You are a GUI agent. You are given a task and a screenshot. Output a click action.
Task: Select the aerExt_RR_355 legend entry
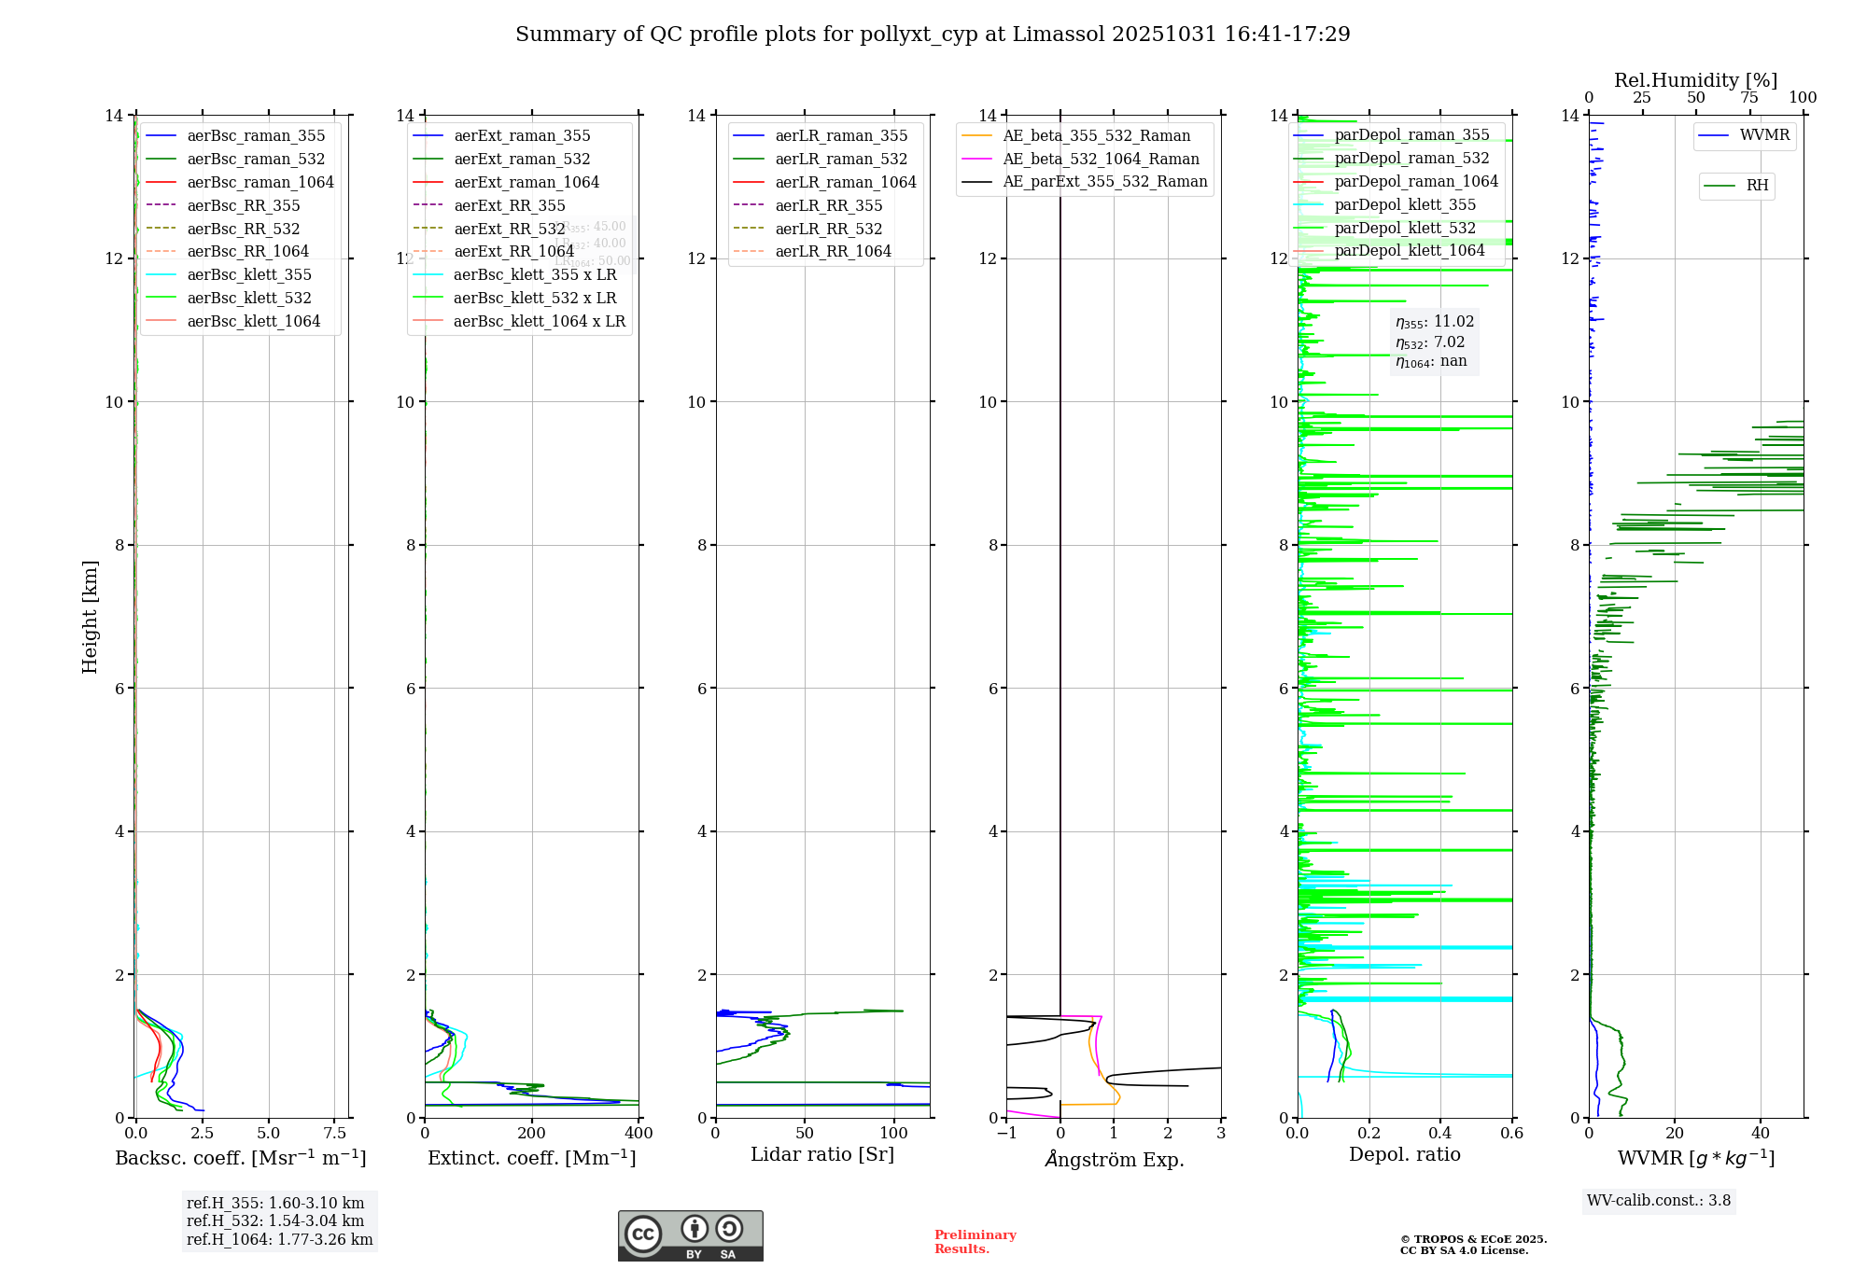[x=509, y=205]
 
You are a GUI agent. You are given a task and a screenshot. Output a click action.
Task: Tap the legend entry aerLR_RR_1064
[x=833, y=251]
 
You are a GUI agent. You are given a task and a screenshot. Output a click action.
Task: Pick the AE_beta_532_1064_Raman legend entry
[x=1101, y=159]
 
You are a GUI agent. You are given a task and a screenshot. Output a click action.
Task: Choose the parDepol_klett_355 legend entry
[x=1405, y=204]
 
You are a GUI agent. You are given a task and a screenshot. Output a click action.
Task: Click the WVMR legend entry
[x=1764, y=135]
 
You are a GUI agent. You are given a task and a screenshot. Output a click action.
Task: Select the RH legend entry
[x=1757, y=186]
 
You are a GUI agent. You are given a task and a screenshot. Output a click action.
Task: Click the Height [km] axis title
[x=90, y=616]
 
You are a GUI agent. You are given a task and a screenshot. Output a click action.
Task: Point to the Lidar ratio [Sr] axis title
[x=821, y=1154]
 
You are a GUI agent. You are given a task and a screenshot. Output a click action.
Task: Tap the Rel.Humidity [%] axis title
[x=1695, y=80]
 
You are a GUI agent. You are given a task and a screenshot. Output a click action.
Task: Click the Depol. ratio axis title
[x=1404, y=1154]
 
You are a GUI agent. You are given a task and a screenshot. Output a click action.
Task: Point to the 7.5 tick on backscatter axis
[x=334, y=1134]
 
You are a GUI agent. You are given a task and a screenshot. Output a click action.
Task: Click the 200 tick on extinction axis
[x=531, y=1134]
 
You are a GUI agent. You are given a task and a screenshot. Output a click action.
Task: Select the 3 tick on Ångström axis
[x=1220, y=1134]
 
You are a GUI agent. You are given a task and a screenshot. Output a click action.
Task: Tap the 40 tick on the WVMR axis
[x=1760, y=1134]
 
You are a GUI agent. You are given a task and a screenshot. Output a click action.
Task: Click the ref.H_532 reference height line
[x=275, y=1220]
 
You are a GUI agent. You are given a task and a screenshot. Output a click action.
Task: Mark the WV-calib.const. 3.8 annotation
[x=1659, y=1200]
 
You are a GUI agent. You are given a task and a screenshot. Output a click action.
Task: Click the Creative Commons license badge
[x=690, y=1235]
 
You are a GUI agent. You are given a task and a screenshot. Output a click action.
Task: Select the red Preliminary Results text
[x=975, y=1241]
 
